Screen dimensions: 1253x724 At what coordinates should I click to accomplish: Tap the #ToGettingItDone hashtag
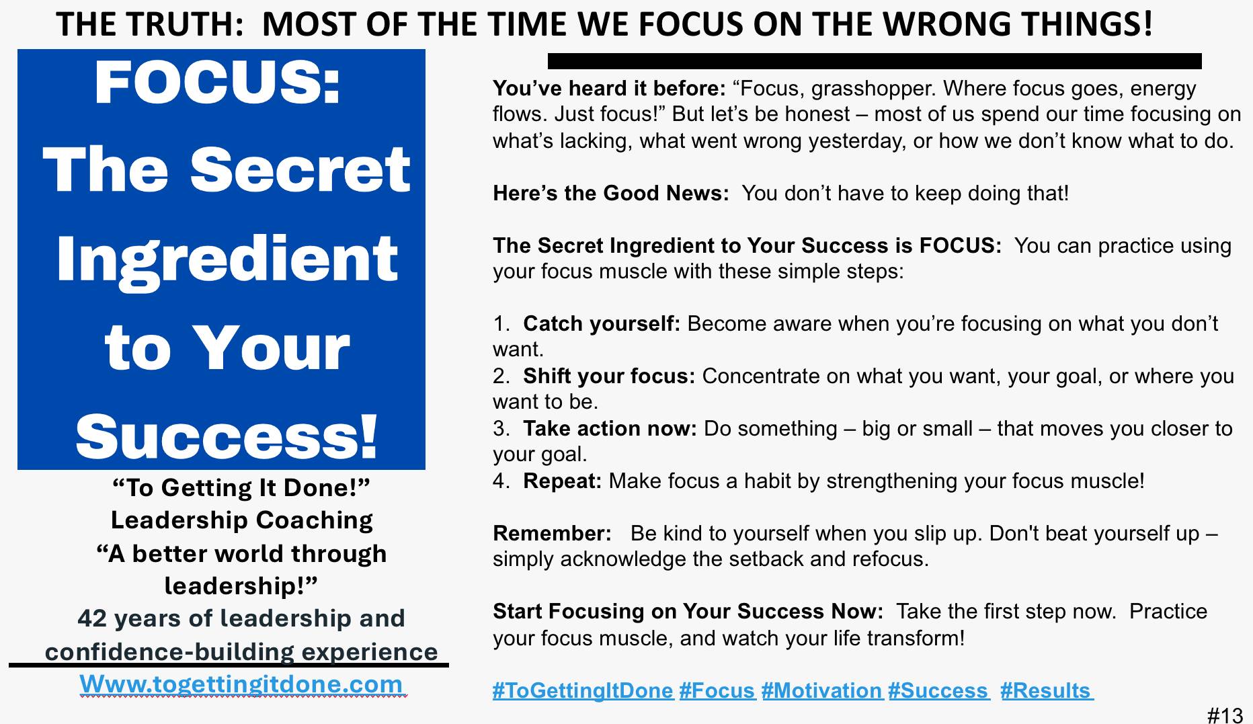tap(583, 691)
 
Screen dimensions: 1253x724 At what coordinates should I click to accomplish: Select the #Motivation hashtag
tap(822, 691)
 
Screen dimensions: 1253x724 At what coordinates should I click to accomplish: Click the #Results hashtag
tap(1046, 691)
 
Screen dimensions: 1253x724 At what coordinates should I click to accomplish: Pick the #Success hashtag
tap(938, 691)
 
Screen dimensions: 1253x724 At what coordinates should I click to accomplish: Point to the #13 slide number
tap(1225, 715)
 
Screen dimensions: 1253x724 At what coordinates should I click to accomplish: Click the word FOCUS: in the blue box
tap(218, 83)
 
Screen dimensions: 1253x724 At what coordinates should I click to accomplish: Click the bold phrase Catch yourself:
tap(602, 324)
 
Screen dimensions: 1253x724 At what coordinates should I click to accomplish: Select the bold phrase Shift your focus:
tap(609, 376)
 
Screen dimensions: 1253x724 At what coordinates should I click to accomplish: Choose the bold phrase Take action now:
tap(610, 429)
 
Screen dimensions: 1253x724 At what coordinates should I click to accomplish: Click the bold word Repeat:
tap(563, 481)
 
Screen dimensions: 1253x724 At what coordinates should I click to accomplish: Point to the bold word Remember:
tap(552, 534)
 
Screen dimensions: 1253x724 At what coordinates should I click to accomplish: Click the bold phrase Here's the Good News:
tap(611, 194)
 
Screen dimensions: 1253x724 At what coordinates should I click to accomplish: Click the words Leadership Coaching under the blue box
tap(242, 520)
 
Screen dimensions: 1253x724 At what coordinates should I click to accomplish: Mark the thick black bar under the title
tap(875, 61)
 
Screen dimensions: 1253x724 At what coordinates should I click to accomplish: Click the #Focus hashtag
tap(717, 691)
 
